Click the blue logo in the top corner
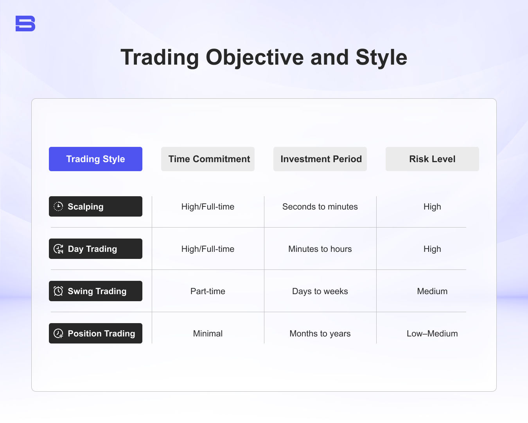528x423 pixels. tap(25, 23)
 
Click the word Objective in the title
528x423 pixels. tap(255, 58)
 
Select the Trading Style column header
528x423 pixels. tap(95, 159)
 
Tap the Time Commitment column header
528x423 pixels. tap(208, 159)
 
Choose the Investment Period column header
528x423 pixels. tap(320, 159)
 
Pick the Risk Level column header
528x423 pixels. tap(432, 159)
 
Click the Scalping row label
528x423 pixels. tap(95, 206)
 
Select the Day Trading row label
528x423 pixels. tap(95, 249)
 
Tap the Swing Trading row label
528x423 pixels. tap(95, 291)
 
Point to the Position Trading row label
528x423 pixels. tap(95, 333)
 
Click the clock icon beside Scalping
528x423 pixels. tap(58, 206)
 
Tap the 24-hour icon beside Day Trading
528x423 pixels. tap(58, 249)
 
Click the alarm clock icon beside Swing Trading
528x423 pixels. tap(58, 291)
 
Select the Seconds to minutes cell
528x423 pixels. tap(320, 207)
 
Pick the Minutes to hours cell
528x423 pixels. tap(320, 249)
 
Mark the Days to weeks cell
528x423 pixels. tap(320, 291)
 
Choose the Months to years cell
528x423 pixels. tap(320, 334)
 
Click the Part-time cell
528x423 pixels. tap(208, 291)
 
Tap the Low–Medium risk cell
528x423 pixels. tap(432, 334)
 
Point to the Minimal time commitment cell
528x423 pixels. tap(208, 334)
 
